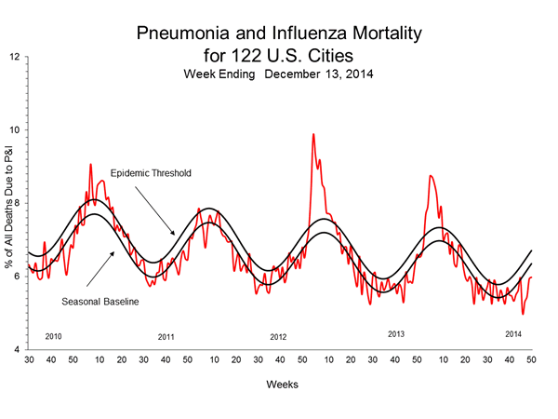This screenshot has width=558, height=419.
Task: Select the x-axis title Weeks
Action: coord(280,383)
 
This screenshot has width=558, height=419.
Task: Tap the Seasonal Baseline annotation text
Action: coord(102,302)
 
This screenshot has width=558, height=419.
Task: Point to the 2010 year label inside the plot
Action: coord(53,335)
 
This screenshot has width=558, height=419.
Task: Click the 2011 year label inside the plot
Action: coord(166,336)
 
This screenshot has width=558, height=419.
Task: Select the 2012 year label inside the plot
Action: coord(279,336)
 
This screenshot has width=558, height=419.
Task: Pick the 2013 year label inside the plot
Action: coord(396,332)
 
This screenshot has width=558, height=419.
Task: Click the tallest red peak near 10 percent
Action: coord(312,135)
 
